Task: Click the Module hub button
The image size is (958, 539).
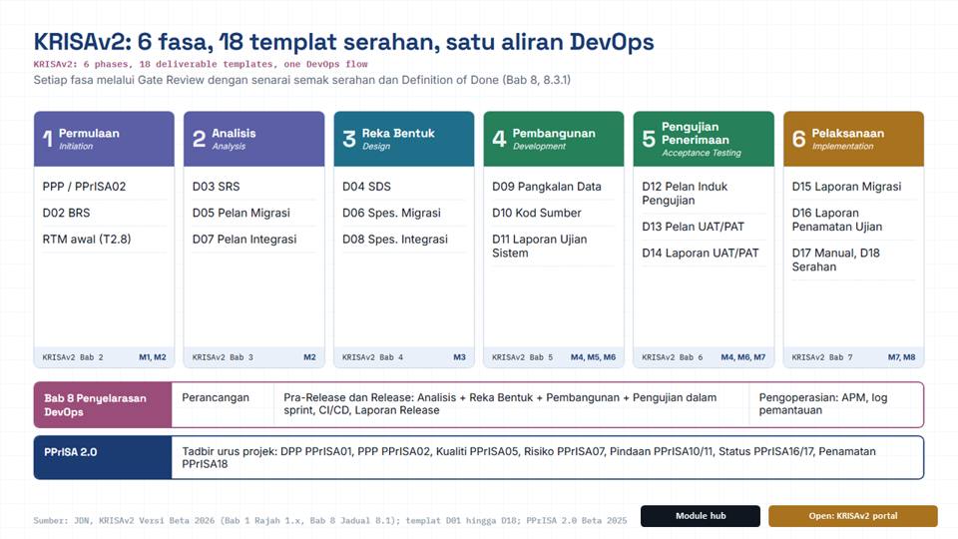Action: (701, 516)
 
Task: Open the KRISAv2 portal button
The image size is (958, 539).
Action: (853, 516)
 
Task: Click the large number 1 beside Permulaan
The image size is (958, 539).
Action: (47, 139)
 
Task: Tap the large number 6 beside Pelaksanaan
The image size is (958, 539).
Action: (798, 139)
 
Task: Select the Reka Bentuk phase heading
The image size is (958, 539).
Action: (398, 133)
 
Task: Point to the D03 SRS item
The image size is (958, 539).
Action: (217, 187)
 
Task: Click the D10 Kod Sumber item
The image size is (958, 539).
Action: (537, 213)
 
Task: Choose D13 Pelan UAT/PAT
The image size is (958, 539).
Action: (693, 227)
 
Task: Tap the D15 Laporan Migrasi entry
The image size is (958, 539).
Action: (846, 187)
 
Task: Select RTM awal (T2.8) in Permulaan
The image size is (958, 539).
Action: (87, 239)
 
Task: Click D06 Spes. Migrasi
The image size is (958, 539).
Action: (391, 213)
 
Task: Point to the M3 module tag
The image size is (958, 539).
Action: (459, 357)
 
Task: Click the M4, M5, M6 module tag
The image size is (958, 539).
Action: (593, 357)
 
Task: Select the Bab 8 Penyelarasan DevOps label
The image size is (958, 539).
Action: (96, 405)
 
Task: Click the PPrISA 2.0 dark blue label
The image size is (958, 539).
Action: (70, 452)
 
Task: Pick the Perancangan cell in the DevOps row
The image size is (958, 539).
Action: (216, 398)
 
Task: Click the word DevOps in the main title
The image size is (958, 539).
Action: (612, 42)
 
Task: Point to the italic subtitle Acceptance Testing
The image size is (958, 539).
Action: (702, 153)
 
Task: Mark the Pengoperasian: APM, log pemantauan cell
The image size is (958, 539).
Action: (823, 404)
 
